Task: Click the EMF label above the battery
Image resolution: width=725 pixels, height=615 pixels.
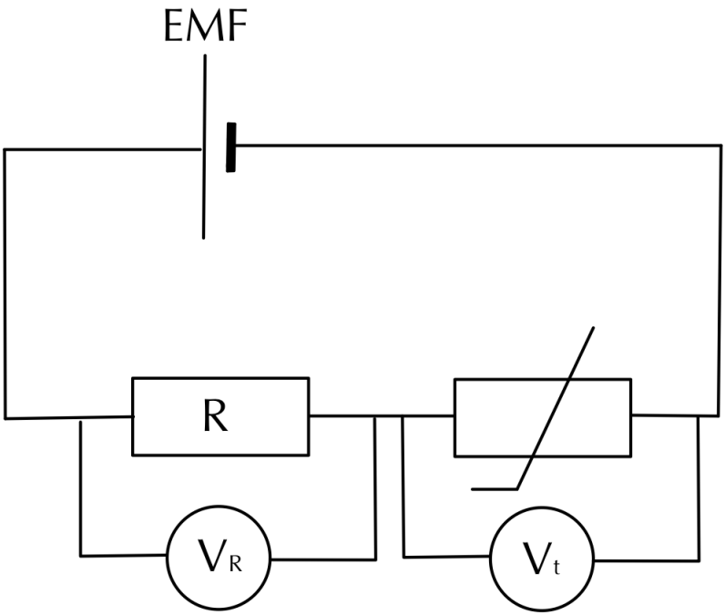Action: click(x=204, y=29)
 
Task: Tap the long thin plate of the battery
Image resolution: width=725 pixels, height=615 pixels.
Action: click(x=204, y=147)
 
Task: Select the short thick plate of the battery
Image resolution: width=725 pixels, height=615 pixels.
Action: click(x=230, y=147)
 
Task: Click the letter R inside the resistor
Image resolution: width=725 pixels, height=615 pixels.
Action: click(x=220, y=416)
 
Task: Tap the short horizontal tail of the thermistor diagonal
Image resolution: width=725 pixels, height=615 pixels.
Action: click(x=495, y=487)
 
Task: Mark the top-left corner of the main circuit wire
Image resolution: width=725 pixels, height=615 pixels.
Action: click(x=5, y=148)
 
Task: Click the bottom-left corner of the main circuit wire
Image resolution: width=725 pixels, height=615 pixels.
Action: click(x=5, y=418)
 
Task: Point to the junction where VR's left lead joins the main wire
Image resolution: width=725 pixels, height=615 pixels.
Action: click(x=81, y=418)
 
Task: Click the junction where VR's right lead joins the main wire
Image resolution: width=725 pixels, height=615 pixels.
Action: click(x=374, y=417)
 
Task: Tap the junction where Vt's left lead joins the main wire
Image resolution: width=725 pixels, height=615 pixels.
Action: click(x=403, y=417)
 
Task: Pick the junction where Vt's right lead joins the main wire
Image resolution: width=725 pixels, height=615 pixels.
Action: click(x=699, y=416)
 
